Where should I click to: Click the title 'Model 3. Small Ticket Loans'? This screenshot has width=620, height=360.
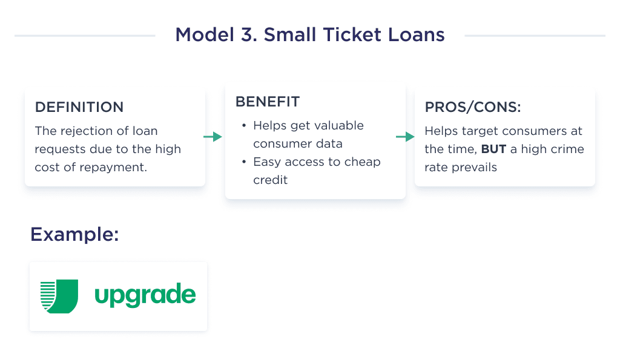309,34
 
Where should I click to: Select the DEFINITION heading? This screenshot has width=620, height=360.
79,107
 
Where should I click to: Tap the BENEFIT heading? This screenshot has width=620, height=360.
267,102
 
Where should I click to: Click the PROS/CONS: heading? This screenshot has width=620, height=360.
473,107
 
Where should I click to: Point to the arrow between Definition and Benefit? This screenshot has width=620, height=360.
213,137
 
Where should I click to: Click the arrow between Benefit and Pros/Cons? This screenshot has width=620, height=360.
404,137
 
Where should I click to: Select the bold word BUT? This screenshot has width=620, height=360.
493,149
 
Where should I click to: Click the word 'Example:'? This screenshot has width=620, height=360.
74,234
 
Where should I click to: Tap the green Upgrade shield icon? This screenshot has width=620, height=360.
59,296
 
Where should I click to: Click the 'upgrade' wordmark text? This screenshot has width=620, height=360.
145,296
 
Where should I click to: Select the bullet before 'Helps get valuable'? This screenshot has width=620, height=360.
244,126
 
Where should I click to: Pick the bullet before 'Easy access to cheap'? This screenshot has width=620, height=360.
244,162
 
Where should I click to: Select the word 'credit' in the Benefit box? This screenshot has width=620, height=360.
271,180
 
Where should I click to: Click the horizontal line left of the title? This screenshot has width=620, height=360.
85,36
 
